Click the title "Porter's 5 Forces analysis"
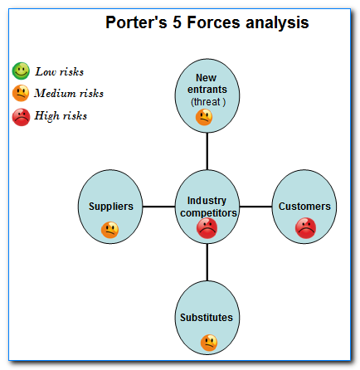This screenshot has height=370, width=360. (x=207, y=22)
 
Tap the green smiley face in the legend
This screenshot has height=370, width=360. (x=22, y=71)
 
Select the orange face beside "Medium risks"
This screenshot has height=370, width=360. (x=22, y=93)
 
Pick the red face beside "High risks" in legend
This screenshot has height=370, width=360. (x=22, y=116)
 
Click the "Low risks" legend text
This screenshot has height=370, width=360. (x=59, y=72)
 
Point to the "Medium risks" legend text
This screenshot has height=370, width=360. (x=69, y=94)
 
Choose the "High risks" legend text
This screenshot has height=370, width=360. (x=61, y=116)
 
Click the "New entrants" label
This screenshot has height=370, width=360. (x=207, y=83)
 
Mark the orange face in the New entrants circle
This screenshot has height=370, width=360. (x=205, y=118)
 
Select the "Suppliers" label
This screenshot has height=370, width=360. (x=110, y=206)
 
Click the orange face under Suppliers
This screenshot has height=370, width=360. (x=109, y=230)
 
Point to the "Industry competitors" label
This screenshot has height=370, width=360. (x=207, y=206)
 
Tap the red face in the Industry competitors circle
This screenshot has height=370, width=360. (x=207, y=227)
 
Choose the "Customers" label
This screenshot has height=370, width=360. (x=304, y=206)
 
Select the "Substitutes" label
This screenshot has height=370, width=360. (x=207, y=317)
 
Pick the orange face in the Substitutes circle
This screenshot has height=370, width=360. (x=209, y=341)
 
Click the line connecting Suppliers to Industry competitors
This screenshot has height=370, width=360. (x=159, y=206)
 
